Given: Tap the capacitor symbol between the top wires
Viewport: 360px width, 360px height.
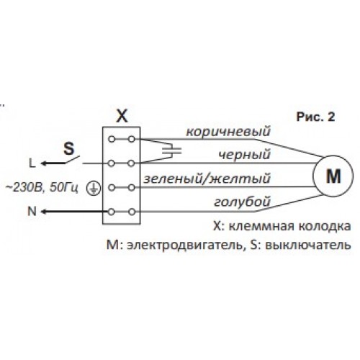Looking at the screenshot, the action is (172, 151).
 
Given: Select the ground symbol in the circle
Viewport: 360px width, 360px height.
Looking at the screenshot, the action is (94, 188).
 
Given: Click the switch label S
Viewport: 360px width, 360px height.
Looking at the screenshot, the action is (69, 148).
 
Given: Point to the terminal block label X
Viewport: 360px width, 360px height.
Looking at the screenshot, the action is (122, 117).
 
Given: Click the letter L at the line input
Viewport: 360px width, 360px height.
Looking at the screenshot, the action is (32, 163).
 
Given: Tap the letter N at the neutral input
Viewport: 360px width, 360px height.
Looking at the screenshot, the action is (32, 212).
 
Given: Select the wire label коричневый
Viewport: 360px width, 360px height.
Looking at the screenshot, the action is (228, 132).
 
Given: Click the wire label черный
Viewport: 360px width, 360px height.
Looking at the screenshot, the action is (245, 155).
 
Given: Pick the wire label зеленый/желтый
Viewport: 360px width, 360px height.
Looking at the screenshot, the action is (207, 179).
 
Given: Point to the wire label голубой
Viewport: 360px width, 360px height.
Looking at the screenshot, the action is (242, 202).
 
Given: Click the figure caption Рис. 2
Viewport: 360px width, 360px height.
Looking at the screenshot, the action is (315, 117).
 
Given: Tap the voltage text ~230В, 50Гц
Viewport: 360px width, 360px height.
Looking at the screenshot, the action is (42, 188).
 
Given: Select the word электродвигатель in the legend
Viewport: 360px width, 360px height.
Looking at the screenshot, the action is (184, 246).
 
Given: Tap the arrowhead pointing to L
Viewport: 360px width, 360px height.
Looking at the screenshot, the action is (44, 163).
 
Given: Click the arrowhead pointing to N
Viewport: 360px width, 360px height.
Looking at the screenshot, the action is (44, 212).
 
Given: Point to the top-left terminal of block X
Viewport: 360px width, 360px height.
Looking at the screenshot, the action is (112, 139).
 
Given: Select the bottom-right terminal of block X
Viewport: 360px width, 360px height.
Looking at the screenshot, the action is (131, 212).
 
